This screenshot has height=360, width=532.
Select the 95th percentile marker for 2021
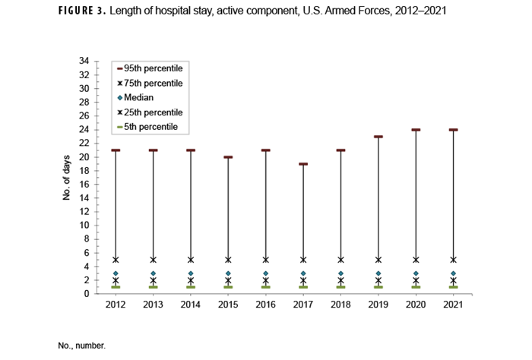453,130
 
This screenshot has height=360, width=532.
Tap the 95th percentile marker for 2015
228,157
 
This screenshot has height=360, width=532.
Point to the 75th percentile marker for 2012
116,260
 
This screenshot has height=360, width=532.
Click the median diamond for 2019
378,273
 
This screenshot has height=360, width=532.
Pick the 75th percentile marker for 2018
340,260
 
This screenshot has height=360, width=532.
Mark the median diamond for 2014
191,273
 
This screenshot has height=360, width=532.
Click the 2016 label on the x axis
265,305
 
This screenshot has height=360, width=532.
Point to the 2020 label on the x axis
416,305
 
